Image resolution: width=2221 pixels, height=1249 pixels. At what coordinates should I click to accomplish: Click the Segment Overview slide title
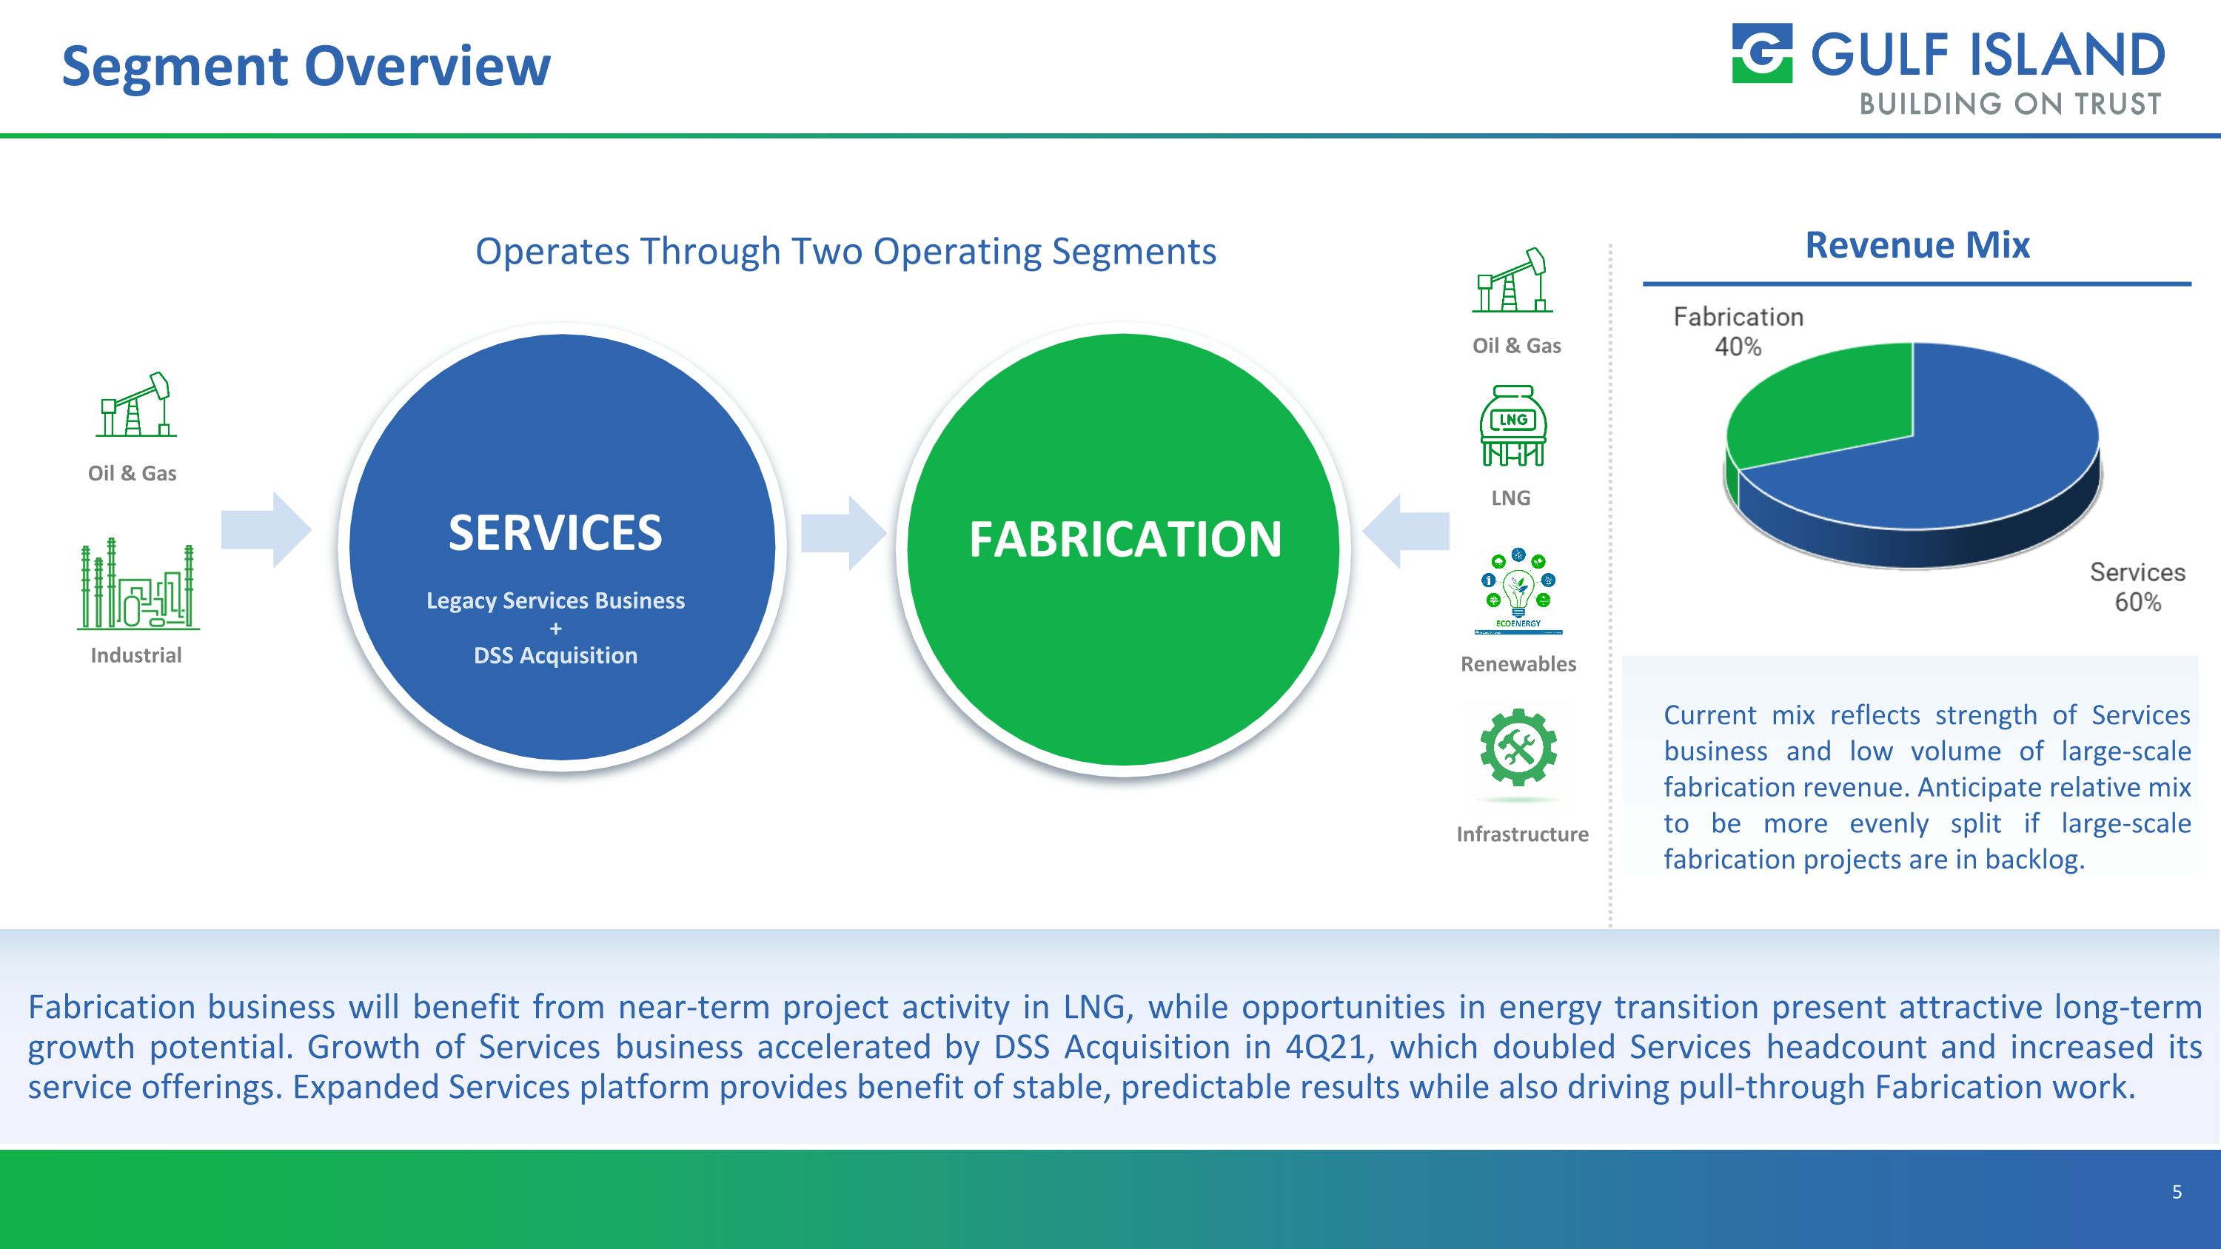click(x=306, y=67)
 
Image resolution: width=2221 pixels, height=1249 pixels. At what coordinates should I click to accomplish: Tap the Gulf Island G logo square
click(x=1762, y=53)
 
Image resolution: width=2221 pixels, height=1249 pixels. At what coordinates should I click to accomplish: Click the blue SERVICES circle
click(x=562, y=546)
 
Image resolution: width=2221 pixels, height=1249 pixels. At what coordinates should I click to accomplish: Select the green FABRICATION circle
click(x=1122, y=549)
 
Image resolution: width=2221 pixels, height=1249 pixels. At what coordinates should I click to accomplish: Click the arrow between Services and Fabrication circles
click(x=843, y=533)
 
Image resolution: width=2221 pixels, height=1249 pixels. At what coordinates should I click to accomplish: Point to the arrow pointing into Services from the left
click(x=267, y=529)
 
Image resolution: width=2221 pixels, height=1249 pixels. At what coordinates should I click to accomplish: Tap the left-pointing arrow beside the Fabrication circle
click(x=1406, y=531)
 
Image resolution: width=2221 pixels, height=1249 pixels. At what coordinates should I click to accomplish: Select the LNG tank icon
click(x=1513, y=426)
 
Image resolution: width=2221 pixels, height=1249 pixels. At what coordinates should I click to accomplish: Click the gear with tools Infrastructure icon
click(x=1518, y=747)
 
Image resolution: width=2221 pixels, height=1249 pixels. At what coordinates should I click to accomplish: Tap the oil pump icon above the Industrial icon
click(x=135, y=404)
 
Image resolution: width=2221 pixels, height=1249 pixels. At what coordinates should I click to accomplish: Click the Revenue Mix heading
click(x=1917, y=245)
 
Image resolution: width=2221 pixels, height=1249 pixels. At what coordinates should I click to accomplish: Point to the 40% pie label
click(x=1738, y=346)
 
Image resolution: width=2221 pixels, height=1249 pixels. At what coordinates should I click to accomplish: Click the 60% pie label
click(x=2137, y=602)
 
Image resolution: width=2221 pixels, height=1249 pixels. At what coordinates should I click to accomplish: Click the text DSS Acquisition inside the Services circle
click(x=555, y=655)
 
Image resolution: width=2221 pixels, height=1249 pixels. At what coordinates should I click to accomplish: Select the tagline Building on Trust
click(x=2010, y=104)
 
